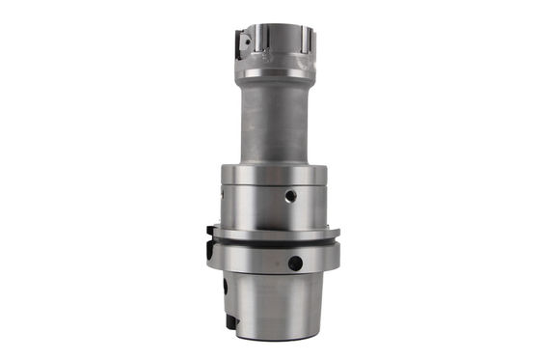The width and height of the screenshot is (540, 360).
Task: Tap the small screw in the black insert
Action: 244,42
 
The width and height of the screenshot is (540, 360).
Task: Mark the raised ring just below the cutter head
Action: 273,70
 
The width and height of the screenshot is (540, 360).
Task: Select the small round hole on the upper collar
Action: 289,196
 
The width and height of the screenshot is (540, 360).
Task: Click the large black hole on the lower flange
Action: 295,263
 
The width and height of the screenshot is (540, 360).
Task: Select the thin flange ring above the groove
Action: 273,233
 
